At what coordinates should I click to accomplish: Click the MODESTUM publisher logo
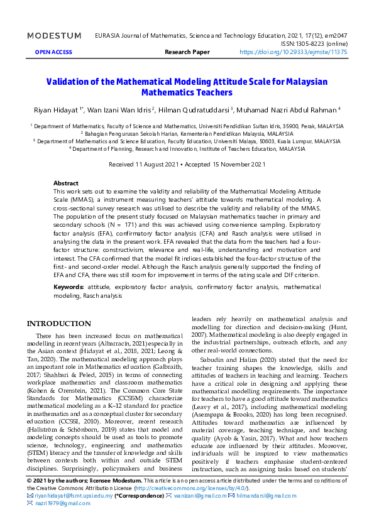click(x=54, y=36)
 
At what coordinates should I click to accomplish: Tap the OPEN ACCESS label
click(x=53, y=53)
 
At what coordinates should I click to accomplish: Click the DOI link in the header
click(x=293, y=53)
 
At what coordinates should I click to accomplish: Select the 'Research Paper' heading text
click(x=187, y=53)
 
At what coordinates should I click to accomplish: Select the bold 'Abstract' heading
click(x=66, y=183)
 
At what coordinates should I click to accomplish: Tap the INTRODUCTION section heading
click(x=58, y=324)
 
